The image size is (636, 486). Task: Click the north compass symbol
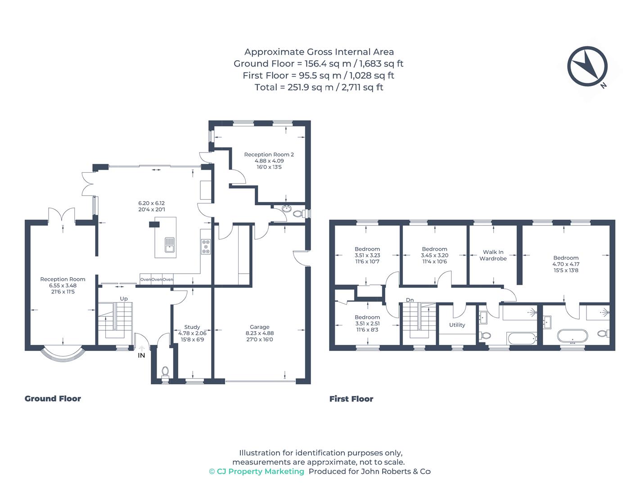coord(587,66)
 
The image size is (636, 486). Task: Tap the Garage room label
coord(259,327)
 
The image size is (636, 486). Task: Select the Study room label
coord(192,327)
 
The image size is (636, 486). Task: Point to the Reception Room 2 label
coord(269,154)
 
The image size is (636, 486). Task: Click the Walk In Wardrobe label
coord(493,255)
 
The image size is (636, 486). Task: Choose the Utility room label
coord(457,325)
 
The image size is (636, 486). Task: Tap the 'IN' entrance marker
coord(141,355)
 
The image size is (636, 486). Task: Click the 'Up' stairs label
coord(124,299)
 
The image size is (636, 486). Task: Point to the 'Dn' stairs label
coord(410,300)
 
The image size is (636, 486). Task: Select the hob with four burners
coord(206,247)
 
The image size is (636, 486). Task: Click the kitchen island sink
coord(170,244)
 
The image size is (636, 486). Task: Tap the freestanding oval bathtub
coord(573,336)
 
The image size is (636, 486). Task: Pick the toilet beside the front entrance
coord(165,372)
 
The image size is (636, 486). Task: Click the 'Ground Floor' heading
coord(53,399)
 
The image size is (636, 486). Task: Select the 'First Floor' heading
coord(351,399)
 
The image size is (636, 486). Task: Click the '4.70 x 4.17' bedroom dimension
coord(566,264)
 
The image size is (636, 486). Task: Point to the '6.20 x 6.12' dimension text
coord(152,203)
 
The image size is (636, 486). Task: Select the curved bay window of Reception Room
coord(63,354)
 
